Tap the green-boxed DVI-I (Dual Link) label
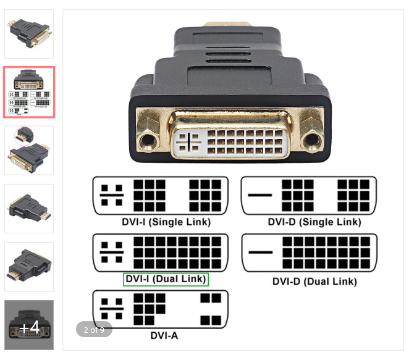click(166, 279)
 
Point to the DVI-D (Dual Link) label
click(314, 282)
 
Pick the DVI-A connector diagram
click(160, 309)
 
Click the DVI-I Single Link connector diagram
click(160, 195)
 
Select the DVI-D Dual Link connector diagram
click(308, 253)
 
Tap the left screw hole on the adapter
click(147, 141)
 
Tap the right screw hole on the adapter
click(312, 141)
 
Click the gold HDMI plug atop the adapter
click(230, 24)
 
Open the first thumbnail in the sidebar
click(29, 34)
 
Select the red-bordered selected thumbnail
click(29, 92)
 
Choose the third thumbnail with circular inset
click(29, 150)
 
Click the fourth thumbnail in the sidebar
click(29, 208)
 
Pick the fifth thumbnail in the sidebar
click(29, 266)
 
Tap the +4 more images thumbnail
click(29, 325)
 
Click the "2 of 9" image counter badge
click(94, 330)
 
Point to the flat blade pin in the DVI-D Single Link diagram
click(259, 195)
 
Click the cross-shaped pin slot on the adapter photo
click(189, 143)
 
